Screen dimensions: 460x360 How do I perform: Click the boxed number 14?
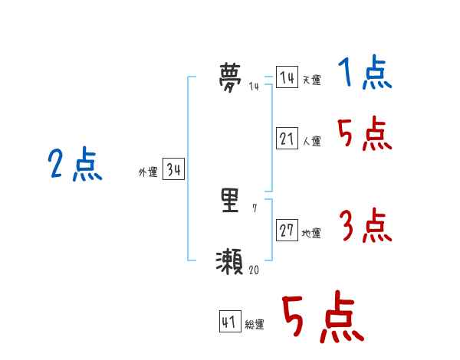click(287, 78)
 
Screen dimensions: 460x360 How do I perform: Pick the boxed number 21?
click(287, 139)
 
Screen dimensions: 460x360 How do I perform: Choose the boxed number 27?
click(287, 231)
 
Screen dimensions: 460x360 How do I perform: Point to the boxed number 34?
click(173, 170)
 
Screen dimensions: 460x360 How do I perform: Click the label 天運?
click(311, 80)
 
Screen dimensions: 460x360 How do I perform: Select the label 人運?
click(311, 142)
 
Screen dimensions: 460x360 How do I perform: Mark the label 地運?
click(311, 234)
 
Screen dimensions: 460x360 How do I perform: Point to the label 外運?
click(147, 172)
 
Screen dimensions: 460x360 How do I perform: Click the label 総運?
click(255, 325)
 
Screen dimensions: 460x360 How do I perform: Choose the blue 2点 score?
click(75, 164)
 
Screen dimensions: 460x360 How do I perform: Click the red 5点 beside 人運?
click(365, 136)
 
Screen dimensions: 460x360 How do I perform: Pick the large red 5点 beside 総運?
click(322, 318)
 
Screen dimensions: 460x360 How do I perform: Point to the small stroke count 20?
click(254, 270)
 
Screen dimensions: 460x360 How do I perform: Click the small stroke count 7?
click(255, 208)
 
